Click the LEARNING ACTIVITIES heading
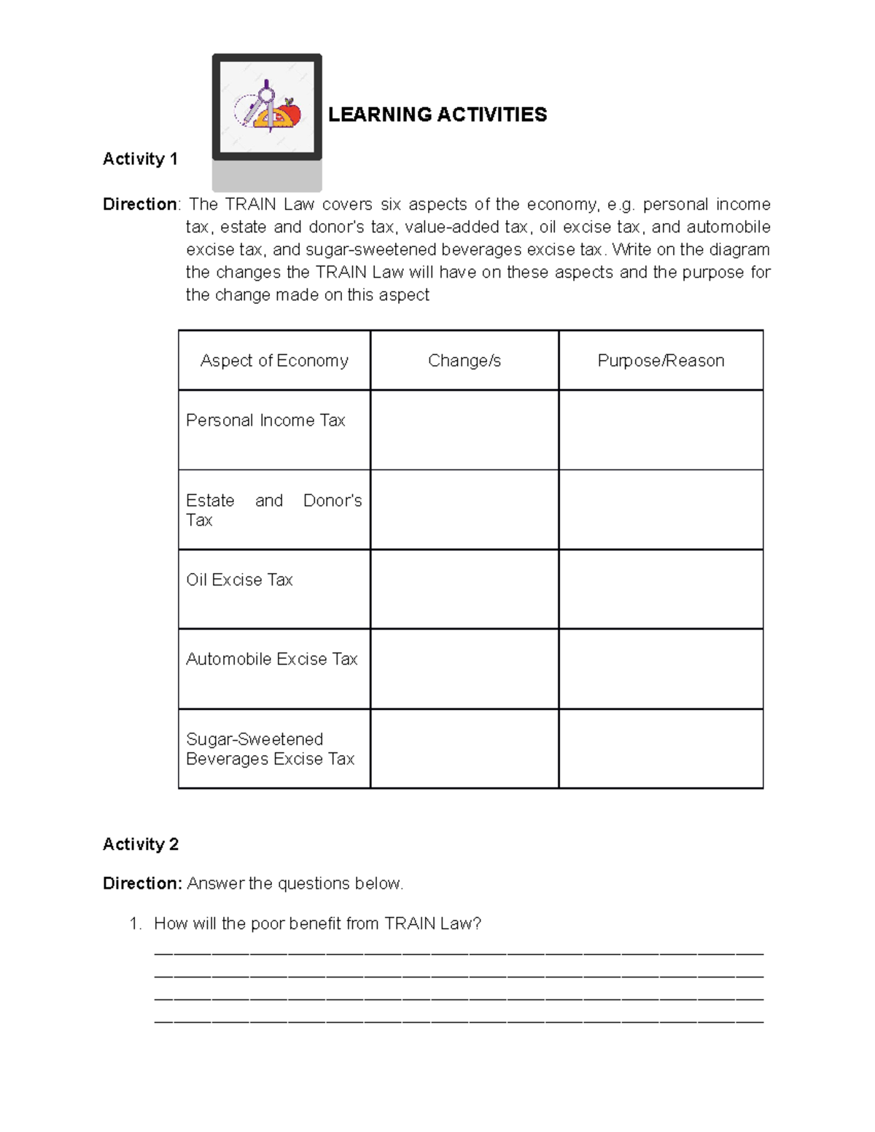click(x=437, y=114)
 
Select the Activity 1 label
click(x=140, y=159)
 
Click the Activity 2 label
click(x=140, y=844)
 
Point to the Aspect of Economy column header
click(x=274, y=360)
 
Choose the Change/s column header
click(x=464, y=360)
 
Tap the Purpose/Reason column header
click(x=661, y=360)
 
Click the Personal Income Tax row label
click(x=265, y=421)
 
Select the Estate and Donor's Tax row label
click(x=273, y=510)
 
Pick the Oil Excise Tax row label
click(x=239, y=579)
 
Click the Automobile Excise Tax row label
click(x=271, y=659)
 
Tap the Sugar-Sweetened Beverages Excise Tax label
click(x=270, y=749)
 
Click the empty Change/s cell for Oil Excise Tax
click(x=464, y=589)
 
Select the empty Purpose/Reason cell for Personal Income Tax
click(x=661, y=430)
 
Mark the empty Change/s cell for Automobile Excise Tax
click(x=464, y=668)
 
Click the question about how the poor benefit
click(x=317, y=924)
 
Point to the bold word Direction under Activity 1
click(x=139, y=204)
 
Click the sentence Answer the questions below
click(x=295, y=883)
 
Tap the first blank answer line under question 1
click(x=459, y=952)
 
